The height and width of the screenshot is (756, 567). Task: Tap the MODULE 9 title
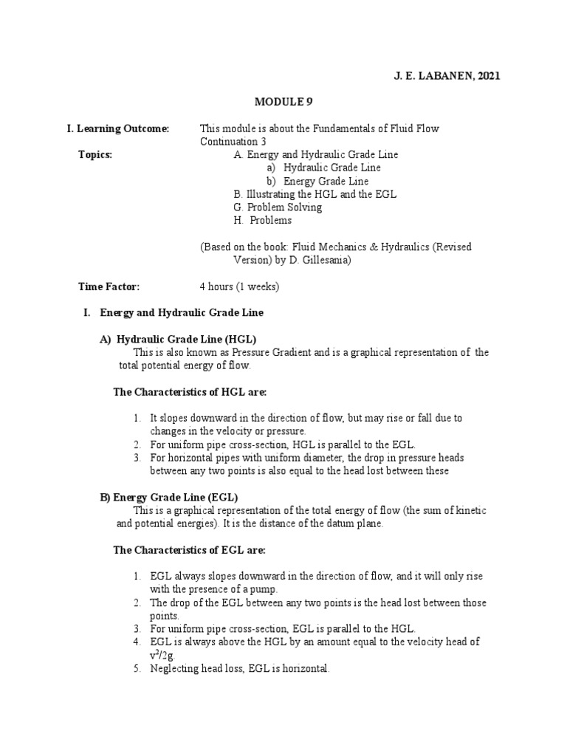tap(283, 103)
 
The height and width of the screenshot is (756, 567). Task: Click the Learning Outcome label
tap(118, 128)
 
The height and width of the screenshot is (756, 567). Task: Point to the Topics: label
tap(95, 155)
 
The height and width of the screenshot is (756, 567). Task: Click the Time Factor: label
tap(109, 286)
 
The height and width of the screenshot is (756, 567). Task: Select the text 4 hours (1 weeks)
tap(238, 286)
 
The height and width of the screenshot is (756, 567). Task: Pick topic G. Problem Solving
tap(278, 207)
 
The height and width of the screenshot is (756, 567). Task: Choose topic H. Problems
tap(262, 220)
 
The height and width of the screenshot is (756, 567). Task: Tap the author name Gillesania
tap(325, 260)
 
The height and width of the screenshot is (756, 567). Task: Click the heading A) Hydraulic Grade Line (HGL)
tap(178, 339)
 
